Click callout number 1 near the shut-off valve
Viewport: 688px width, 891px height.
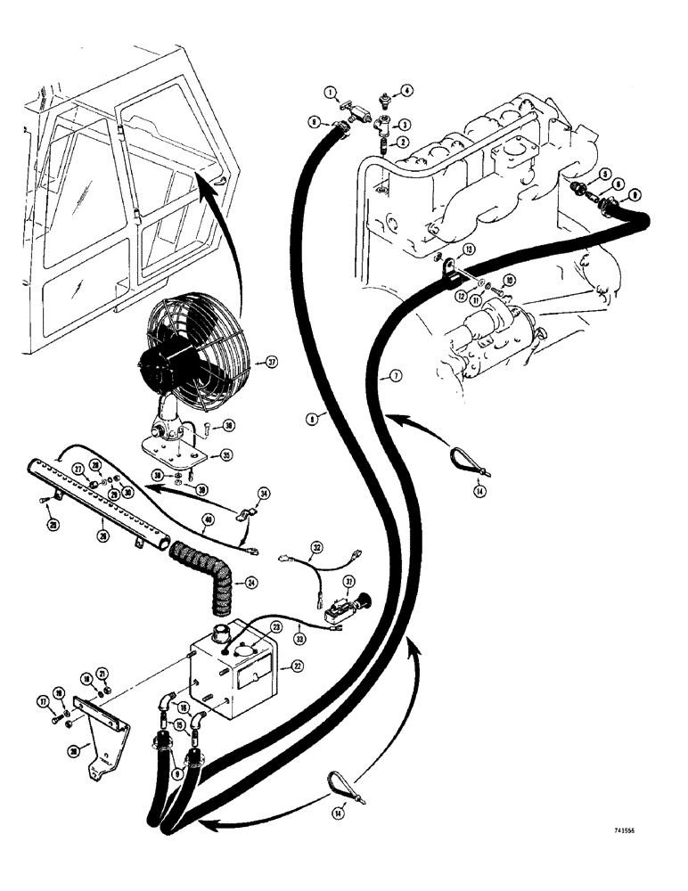pos(329,93)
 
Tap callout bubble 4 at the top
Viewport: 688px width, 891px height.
pos(407,90)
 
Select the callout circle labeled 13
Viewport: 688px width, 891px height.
pos(469,249)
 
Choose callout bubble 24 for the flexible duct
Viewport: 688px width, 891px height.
pos(251,584)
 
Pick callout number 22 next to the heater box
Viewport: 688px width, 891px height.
pos(286,665)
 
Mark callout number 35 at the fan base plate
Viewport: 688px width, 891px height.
pos(225,454)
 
